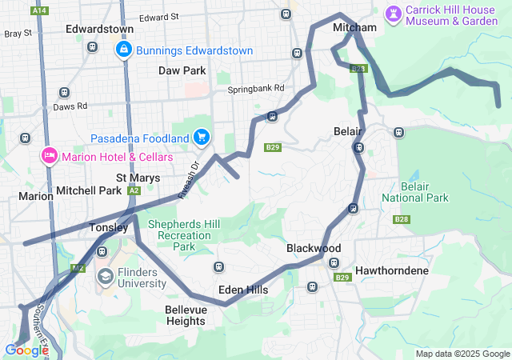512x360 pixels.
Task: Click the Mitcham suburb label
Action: [x=354, y=28]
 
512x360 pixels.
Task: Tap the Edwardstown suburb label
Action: [x=99, y=29]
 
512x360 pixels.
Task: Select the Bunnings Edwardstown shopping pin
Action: [x=124, y=51]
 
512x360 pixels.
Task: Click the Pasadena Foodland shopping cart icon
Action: [x=200, y=138]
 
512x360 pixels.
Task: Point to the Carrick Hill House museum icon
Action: [x=393, y=14]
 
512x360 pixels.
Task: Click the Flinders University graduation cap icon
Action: [x=105, y=278]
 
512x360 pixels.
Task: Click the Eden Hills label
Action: [x=242, y=290]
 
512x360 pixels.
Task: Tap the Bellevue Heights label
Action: [x=185, y=315]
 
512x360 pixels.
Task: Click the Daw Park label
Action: [x=182, y=70]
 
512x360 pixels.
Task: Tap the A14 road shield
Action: [x=39, y=10]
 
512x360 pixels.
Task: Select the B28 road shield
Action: [x=401, y=218]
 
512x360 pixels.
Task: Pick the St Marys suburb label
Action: [x=137, y=177]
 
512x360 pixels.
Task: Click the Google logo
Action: [x=26, y=350]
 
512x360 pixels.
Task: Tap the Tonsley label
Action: [x=108, y=227]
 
